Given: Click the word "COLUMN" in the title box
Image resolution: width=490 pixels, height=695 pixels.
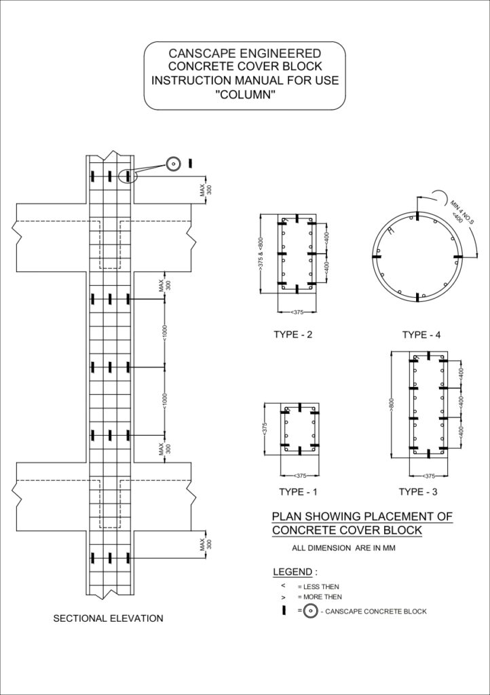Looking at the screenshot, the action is click(x=245, y=95).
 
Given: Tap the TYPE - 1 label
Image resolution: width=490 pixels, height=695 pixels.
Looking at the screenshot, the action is click(x=298, y=491).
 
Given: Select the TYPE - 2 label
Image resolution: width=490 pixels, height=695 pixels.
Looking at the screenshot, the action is click(x=293, y=334).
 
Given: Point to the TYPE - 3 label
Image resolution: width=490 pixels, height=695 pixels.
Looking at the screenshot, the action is click(x=418, y=491).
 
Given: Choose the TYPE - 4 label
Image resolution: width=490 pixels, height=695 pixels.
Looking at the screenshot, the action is click(x=421, y=335).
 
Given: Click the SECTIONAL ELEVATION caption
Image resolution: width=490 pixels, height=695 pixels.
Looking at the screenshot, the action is click(x=108, y=618).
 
